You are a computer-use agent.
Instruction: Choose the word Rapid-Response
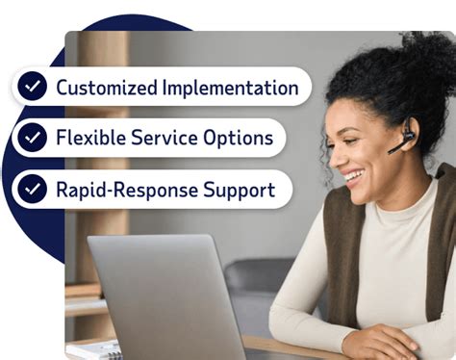[x=127, y=189]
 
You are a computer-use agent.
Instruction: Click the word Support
[x=241, y=189]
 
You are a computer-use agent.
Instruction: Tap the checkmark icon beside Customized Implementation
[x=34, y=88]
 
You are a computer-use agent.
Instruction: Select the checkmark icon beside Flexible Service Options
[x=34, y=138]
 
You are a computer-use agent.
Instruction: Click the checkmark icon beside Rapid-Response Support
[x=34, y=189]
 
